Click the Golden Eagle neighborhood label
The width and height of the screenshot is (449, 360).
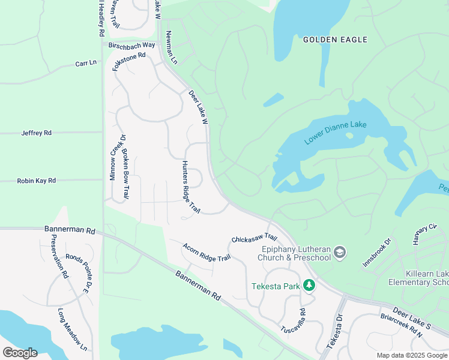coord(335,40)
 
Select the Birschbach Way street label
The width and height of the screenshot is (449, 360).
coord(131,45)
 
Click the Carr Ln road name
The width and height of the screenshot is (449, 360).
coord(86,63)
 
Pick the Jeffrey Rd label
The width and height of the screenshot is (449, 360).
coord(37,133)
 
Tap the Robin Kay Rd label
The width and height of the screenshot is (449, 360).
coord(36,180)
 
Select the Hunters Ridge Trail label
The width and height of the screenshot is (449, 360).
coord(190,187)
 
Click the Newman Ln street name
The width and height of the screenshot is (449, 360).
coord(172,47)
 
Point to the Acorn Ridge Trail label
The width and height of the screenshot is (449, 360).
coord(206,251)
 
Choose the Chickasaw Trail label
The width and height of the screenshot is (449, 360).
coord(254,239)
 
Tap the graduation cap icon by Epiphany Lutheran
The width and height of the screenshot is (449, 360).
coord(340,252)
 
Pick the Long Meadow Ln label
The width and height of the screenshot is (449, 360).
coord(73,329)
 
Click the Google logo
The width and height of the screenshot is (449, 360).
coord(19,352)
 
